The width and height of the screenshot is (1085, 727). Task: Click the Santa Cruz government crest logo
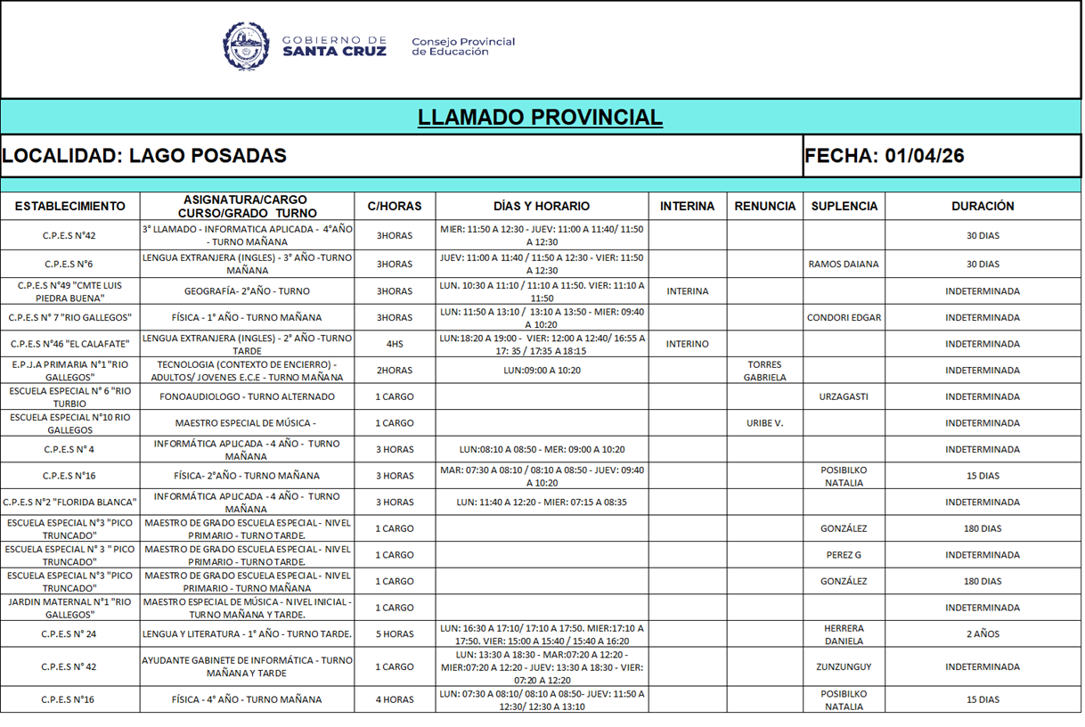(x=246, y=45)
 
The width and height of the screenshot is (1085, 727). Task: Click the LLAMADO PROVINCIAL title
(x=540, y=118)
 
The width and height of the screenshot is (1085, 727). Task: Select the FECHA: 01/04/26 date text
(x=884, y=156)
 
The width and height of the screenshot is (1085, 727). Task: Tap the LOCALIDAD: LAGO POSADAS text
(x=144, y=156)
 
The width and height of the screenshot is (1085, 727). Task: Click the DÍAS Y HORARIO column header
(x=542, y=206)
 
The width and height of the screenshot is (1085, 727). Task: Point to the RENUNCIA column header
(x=764, y=206)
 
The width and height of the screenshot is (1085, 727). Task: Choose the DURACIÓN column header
(x=983, y=206)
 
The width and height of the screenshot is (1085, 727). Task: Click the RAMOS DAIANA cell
(x=843, y=265)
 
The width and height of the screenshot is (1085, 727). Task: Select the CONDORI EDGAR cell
(x=843, y=318)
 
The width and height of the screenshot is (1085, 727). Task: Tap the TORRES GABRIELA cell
(x=764, y=371)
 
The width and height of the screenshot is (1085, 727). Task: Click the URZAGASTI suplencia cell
(x=843, y=397)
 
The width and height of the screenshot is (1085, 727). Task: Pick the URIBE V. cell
(x=764, y=423)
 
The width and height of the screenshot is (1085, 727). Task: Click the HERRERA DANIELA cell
(x=843, y=634)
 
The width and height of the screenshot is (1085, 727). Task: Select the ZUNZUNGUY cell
(x=843, y=667)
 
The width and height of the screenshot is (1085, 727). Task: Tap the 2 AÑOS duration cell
(x=983, y=634)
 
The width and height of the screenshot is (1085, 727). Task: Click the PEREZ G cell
(x=843, y=555)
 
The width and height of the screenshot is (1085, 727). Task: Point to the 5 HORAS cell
(x=394, y=634)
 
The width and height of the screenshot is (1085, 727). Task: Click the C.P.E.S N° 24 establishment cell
(x=69, y=634)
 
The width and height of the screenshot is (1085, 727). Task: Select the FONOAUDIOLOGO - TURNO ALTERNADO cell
(x=247, y=397)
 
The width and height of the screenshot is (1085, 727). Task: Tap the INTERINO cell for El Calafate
(x=687, y=344)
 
